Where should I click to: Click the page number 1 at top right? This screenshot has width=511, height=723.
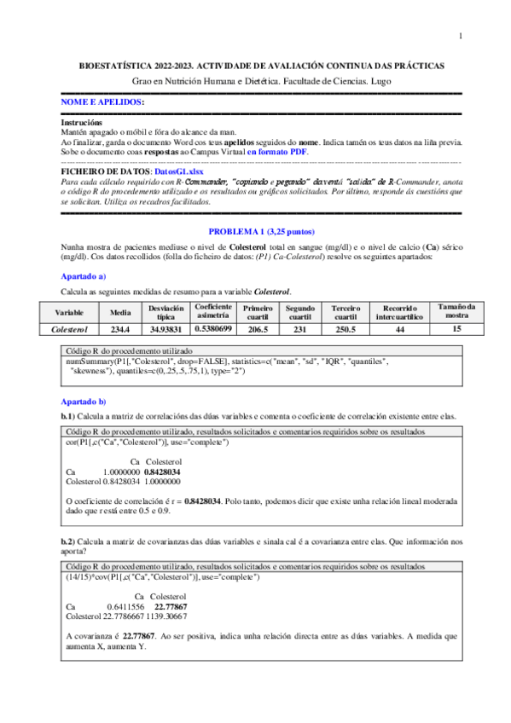click(459, 36)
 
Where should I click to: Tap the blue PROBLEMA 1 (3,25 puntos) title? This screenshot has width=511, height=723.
click(249, 232)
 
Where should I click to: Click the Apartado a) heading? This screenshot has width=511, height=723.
click(83, 276)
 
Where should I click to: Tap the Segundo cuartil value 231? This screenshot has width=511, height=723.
click(300, 327)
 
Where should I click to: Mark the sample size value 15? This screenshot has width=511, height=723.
click(457, 327)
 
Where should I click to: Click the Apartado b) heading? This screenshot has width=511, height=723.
click(83, 401)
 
